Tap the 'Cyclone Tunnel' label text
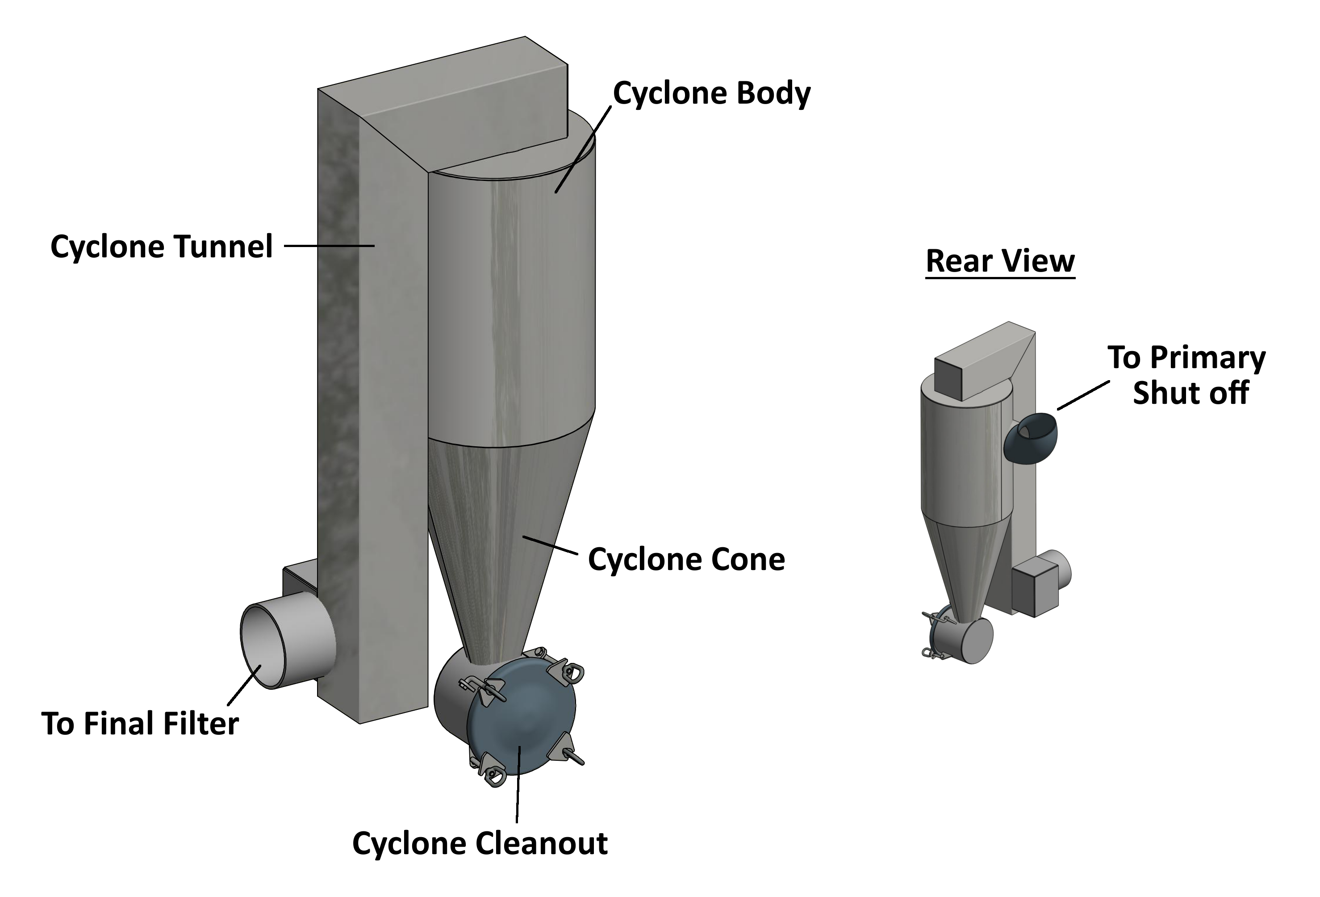click(x=162, y=247)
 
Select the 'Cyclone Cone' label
click(x=686, y=560)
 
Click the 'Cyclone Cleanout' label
click(x=480, y=843)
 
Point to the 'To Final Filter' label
click(x=140, y=724)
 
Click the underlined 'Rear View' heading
click(x=1000, y=261)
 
